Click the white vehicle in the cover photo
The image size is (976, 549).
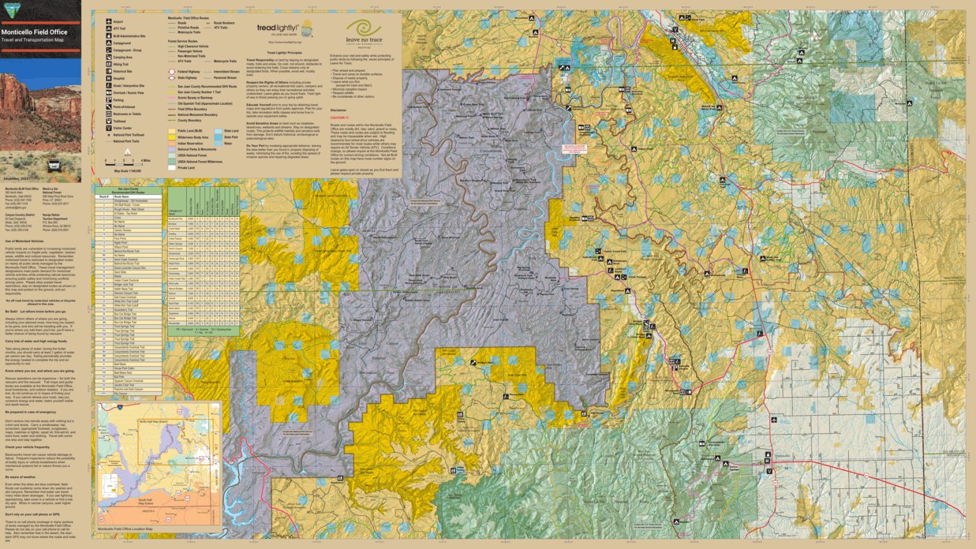click(x=54, y=166)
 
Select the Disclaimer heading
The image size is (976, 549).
click(x=338, y=110)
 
